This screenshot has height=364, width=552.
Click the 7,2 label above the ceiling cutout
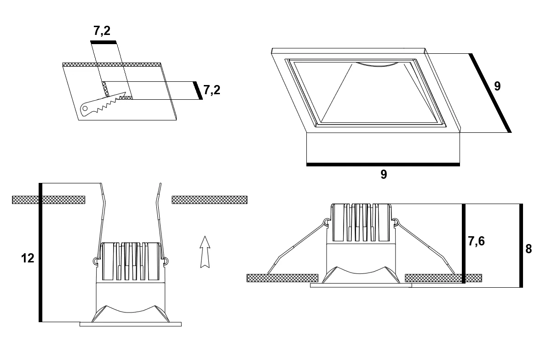click(x=102, y=31)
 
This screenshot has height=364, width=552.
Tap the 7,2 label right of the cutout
click(x=212, y=90)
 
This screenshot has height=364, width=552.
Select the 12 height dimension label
click(x=28, y=258)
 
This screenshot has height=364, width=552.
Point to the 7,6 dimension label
click(x=477, y=241)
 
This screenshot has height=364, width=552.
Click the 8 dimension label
click(x=529, y=249)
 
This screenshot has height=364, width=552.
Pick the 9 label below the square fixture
click(x=384, y=174)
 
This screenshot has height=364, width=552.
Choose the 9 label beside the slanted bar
click(x=497, y=86)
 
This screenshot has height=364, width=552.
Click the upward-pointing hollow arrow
click(x=205, y=252)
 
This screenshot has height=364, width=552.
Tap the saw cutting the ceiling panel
click(x=103, y=104)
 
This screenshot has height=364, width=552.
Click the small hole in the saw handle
click(x=85, y=108)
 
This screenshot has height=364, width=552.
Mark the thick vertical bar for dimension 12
click(x=40, y=252)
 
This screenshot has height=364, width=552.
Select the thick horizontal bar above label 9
click(x=383, y=165)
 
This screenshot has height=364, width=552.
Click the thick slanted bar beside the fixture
click(x=490, y=93)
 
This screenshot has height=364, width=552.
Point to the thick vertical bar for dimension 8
click(x=521, y=245)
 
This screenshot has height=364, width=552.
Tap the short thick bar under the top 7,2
click(x=103, y=42)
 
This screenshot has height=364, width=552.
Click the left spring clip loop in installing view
click(x=96, y=261)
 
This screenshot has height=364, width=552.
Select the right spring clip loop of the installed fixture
click(x=395, y=222)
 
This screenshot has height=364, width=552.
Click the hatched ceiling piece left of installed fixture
click(x=282, y=278)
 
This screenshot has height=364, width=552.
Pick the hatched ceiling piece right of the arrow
click(x=209, y=200)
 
